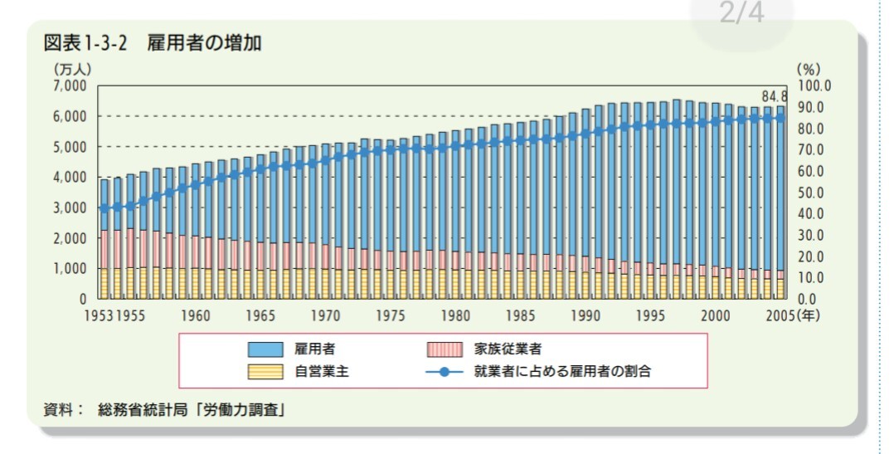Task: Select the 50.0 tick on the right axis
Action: pyautogui.click(x=813, y=193)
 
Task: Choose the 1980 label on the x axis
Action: pyautogui.click(x=455, y=316)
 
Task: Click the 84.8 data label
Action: pyautogui.click(x=775, y=95)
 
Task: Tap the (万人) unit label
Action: pyautogui.click(x=72, y=70)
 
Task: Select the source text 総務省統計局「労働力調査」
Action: pyautogui.click(x=192, y=409)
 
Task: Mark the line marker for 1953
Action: pyautogui.click(x=104, y=208)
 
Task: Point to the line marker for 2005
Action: pyautogui.click(x=780, y=118)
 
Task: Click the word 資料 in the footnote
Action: pyautogui.click(x=58, y=409)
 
